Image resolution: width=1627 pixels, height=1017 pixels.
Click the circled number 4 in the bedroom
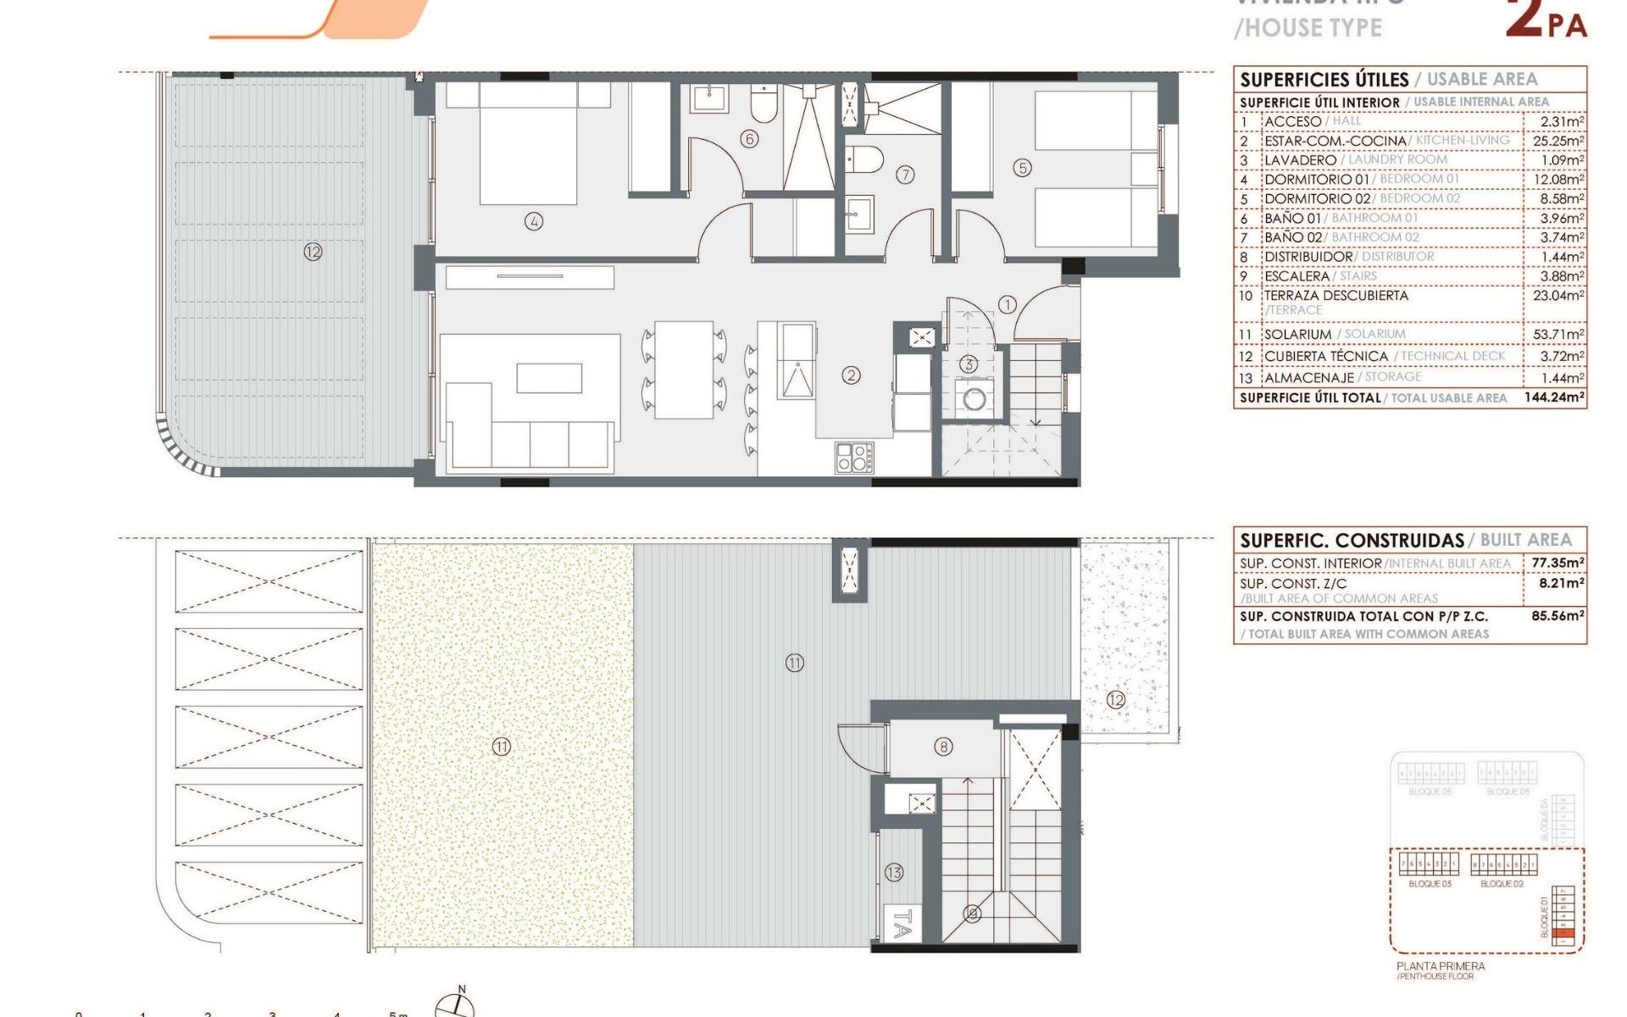[534, 222]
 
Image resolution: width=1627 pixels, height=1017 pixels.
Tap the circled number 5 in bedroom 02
[1023, 168]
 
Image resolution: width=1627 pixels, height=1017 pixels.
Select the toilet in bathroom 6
[764, 103]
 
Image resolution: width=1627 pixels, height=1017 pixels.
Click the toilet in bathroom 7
[865, 158]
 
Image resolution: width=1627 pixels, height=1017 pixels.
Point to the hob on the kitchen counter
[854, 458]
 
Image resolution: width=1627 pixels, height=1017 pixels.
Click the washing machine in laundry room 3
[975, 398]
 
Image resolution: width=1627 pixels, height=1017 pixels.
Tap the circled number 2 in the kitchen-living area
[851, 375]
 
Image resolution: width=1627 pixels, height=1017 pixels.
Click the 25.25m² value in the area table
[1558, 141]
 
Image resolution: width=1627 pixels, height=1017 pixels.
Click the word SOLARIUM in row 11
[1297, 335]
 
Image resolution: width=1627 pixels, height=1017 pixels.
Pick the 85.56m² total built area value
[1557, 616]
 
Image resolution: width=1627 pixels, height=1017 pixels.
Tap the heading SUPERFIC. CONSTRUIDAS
[1352, 541]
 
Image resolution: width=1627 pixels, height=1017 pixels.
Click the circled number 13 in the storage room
[894, 872]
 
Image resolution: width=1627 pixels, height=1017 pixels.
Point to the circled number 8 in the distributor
[943, 747]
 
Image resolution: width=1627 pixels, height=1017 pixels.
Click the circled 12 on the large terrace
[313, 252]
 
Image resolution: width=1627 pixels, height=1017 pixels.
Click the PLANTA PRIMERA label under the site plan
[1441, 966]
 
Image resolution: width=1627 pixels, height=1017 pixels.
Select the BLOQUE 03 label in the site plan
[1430, 884]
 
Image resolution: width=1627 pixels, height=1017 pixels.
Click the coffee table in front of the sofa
[549, 378]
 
